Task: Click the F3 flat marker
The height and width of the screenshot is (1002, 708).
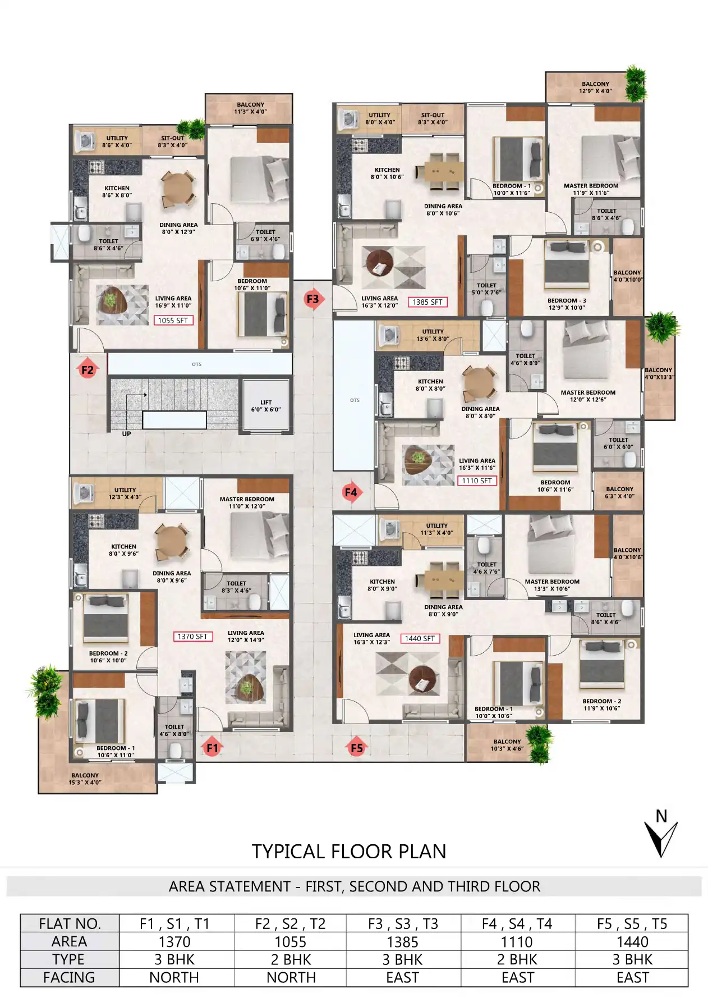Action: tap(312, 299)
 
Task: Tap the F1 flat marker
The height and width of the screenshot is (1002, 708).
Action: tap(212, 748)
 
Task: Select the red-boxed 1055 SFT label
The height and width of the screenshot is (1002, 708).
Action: tap(173, 321)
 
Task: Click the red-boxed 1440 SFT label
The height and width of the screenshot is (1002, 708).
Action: tap(420, 639)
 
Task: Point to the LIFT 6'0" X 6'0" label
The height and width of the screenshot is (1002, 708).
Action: tap(266, 406)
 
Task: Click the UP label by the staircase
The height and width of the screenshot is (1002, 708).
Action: tap(127, 434)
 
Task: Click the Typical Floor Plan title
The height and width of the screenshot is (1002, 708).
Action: tap(349, 852)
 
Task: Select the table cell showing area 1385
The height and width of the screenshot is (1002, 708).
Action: tap(403, 942)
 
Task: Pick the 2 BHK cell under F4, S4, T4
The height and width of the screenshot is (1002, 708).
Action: tap(517, 960)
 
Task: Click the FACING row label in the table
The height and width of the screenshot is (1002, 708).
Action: tap(70, 978)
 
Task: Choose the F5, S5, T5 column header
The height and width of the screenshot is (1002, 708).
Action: tap(632, 924)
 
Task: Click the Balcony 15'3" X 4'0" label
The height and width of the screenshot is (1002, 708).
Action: tap(85, 779)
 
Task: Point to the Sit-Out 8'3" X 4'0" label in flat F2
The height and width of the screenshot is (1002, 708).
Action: tap(173, 141)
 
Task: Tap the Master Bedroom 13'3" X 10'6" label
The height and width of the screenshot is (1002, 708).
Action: tap(552, 585)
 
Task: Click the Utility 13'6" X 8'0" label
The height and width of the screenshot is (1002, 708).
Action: tap(433, 335)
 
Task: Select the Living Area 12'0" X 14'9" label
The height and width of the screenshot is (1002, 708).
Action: tap(246, 636)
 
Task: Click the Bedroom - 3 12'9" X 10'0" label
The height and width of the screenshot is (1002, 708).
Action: tap(567, 304)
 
